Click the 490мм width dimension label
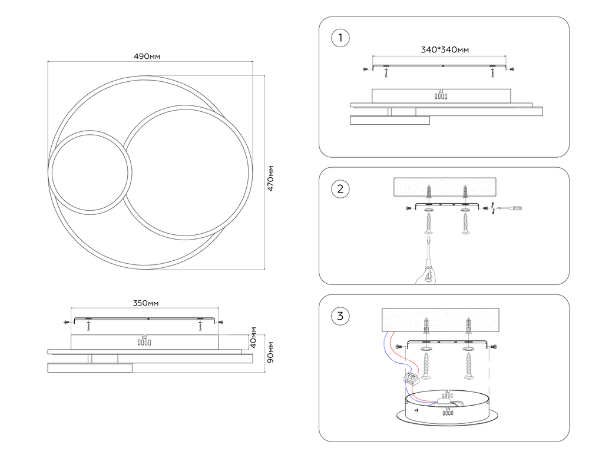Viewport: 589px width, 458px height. coord(148,57)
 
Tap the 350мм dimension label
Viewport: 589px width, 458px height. coord(145,304)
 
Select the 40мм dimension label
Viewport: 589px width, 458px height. coord(253,338)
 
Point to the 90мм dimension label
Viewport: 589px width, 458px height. coord(270,353)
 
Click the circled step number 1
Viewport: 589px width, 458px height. coord(340,39)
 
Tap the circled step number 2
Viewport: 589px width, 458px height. coord(340,190)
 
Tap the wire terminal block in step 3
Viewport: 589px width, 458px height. coord(411,378)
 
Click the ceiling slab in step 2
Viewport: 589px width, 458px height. coord(445,187)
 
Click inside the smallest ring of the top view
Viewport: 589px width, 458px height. coord(90,171)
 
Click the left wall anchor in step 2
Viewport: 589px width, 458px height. coord(429,191)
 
